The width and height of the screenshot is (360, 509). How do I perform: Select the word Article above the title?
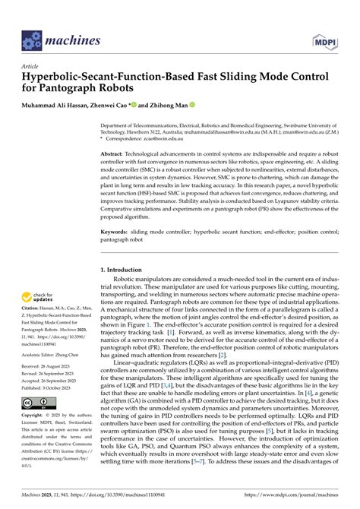point(31,67)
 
